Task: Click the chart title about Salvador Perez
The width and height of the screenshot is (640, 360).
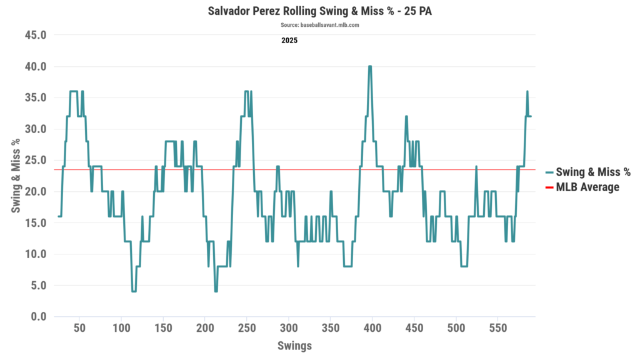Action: pyautogui.click(x=319, y=11)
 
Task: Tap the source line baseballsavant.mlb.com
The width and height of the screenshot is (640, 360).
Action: pyautogui.click(x=319, y=25)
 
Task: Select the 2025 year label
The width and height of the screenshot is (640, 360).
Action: pyautogui.click(x=289, y=41)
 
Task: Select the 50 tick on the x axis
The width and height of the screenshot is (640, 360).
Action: pyautogui.click(x=79, y=328)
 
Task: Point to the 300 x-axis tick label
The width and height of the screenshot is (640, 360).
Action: pyautogui.click(x=289, y=328)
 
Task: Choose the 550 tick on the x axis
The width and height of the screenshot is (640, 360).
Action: pyautogui.click(x=498, y=328)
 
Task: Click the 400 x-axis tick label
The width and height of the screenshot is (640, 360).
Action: pyautogui.click(x=372, y=328)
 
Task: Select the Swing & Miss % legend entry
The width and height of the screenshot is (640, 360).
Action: pyautogui.click(x=593, y=172)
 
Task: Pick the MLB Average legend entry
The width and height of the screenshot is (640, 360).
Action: pyautogui.click(x=587, y=187)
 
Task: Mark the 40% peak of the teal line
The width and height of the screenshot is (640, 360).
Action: pyautogui.click(x=370, y=66)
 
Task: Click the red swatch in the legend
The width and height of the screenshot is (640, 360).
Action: pyautogui.click(x=549, y=187)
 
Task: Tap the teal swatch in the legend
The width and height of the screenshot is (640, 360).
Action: pyautogui.click(x=549, y=172)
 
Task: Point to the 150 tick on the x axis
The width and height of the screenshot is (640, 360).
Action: pyautogui.click(x=163, y=328)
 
